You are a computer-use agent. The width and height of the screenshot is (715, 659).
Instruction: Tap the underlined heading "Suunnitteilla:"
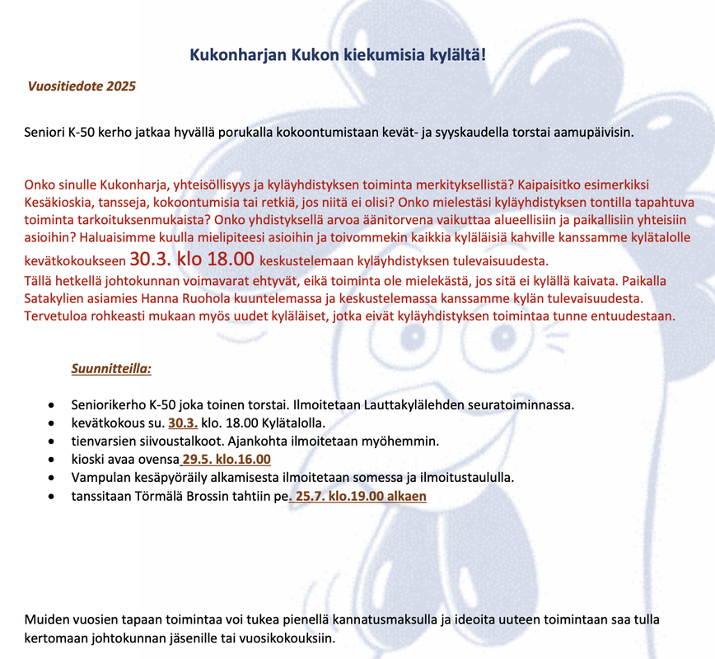111,368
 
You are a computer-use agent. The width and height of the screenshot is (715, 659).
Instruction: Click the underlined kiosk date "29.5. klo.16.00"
227,460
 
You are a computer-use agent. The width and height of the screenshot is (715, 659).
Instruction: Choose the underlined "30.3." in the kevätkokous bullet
183,423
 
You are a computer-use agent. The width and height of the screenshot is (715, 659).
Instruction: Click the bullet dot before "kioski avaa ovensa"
53,460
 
